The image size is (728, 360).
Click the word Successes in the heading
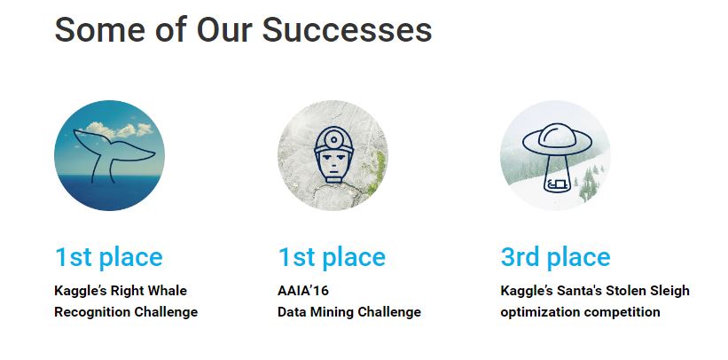point(347,30)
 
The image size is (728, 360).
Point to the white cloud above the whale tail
point(119,129)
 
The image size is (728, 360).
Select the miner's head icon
point(333,156)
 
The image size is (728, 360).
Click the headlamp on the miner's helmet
point(333,139)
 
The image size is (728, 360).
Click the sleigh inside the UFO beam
point(557,184)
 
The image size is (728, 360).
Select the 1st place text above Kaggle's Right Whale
point(109,257)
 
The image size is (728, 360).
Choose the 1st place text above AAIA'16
point(332,257)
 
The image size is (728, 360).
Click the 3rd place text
point(555,257)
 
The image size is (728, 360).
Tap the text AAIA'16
point(302,291)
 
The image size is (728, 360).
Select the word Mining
point(325,312)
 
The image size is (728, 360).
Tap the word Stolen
point(621,291)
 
